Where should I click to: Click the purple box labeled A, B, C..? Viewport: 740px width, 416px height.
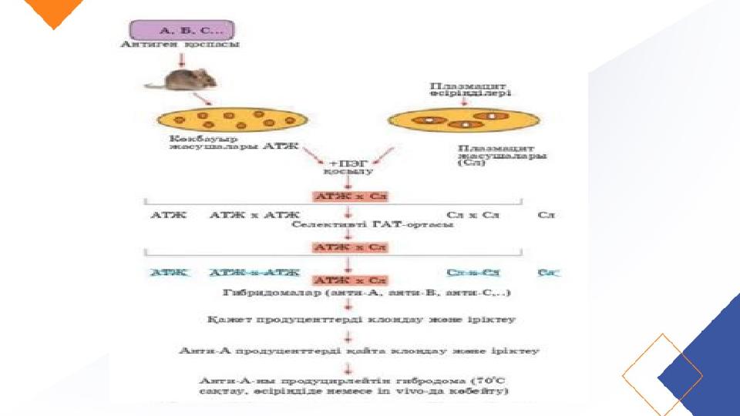(x=178, y=30)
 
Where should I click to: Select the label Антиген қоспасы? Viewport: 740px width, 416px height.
(x=180, y=45)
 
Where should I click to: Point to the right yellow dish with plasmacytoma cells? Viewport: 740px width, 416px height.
(x=463, y=119)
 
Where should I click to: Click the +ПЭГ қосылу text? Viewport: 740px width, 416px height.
(x=345, y=168)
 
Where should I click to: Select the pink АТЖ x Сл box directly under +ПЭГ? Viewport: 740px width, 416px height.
(x=349, y=196)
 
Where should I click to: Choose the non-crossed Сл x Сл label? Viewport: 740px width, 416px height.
(x=473, y=215)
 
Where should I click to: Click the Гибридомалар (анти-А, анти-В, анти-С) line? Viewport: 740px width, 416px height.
(x=367, y=294)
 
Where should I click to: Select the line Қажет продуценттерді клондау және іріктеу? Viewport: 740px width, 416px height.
(x=361, y=318)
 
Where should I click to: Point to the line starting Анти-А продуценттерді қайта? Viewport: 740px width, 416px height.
(x=359, y=351)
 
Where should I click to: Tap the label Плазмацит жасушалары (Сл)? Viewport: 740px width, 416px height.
(x=502, y=155)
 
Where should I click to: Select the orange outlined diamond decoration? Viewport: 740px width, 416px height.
(x=662, y=375)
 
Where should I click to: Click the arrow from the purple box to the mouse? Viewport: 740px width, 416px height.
(x=180, y=58)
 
